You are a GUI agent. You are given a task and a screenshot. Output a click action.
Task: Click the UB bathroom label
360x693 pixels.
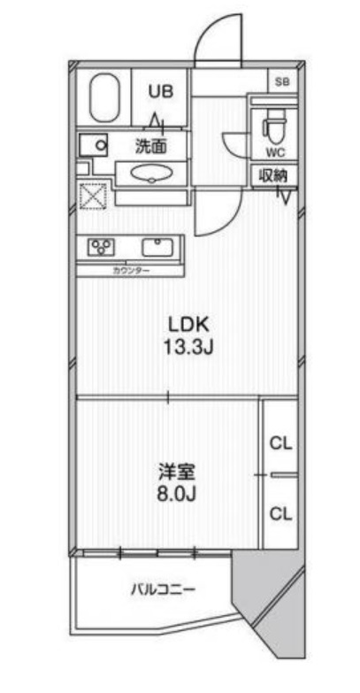click(159, 90)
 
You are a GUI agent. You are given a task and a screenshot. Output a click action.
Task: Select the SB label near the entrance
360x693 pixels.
click(282, 81)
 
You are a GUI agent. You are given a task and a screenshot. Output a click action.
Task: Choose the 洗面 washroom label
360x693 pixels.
click(149, 145)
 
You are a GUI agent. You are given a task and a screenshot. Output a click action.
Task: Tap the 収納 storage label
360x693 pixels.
click(273, 175)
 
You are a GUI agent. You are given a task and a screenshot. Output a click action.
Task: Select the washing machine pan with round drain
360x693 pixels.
click(94, 144)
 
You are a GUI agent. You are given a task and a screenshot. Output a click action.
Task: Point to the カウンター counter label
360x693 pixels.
click(131, 270)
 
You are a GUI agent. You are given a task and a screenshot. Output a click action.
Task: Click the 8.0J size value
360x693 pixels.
click(171, 493)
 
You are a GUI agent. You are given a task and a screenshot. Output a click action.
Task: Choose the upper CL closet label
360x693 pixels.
click(281, 443)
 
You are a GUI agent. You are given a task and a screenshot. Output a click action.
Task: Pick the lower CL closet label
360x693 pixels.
click(281, 512)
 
